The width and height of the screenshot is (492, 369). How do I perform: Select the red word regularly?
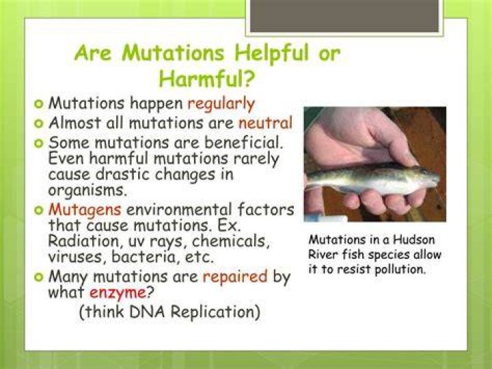click(x=221, y=104)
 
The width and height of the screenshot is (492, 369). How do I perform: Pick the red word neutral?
click(x=265, y=123)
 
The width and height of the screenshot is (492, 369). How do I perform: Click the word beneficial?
click(x=244, y=142)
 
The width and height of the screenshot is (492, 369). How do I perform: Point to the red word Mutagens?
click(x=85, y=210)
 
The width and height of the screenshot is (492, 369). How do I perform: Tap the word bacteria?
click(x=146, y=257)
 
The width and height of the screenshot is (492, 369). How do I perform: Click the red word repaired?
click(x=235, y=277)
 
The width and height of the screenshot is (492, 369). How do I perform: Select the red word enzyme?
click(x=118, y=293)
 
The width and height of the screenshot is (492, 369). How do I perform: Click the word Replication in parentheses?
click(x=216, y=312)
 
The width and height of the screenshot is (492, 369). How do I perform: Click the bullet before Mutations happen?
click(x=39, y=104)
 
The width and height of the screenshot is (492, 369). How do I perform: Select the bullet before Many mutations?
click(x=39, y=277)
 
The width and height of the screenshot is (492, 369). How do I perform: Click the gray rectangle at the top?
click(x=344, y=16)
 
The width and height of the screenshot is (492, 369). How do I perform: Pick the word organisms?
click(x=87, y=190)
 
